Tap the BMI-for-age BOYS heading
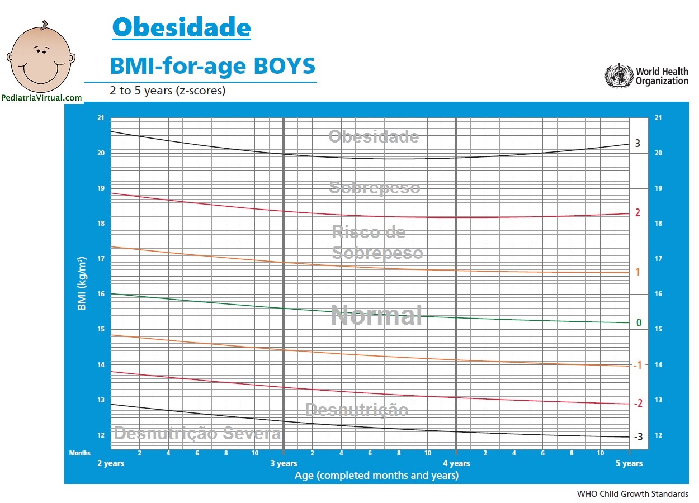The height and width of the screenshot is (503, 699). pos(212,66)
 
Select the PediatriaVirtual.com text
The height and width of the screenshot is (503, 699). pos(42,98)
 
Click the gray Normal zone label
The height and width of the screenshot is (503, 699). pos(376,315)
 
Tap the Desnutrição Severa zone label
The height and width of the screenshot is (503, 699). pos(197,433)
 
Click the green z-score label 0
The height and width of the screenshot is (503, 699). pos(639,323)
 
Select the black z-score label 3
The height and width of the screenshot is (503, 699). pos(637,144)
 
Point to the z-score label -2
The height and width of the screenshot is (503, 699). pos(637,403)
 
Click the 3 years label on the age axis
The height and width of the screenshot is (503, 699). pos(284,463)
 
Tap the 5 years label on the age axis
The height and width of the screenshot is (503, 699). pos(629,463)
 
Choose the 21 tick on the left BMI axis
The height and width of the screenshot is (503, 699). pos(101,118)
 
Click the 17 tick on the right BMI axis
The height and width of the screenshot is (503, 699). pos(658,259)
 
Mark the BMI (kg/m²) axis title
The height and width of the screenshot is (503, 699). pos(82,284)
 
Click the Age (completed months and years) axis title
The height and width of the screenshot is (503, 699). pos(376,476)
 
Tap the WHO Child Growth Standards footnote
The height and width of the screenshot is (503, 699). pos(632,494)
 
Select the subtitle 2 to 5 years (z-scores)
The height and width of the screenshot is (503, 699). pos(168,91)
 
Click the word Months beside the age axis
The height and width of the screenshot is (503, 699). pos(79,453)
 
